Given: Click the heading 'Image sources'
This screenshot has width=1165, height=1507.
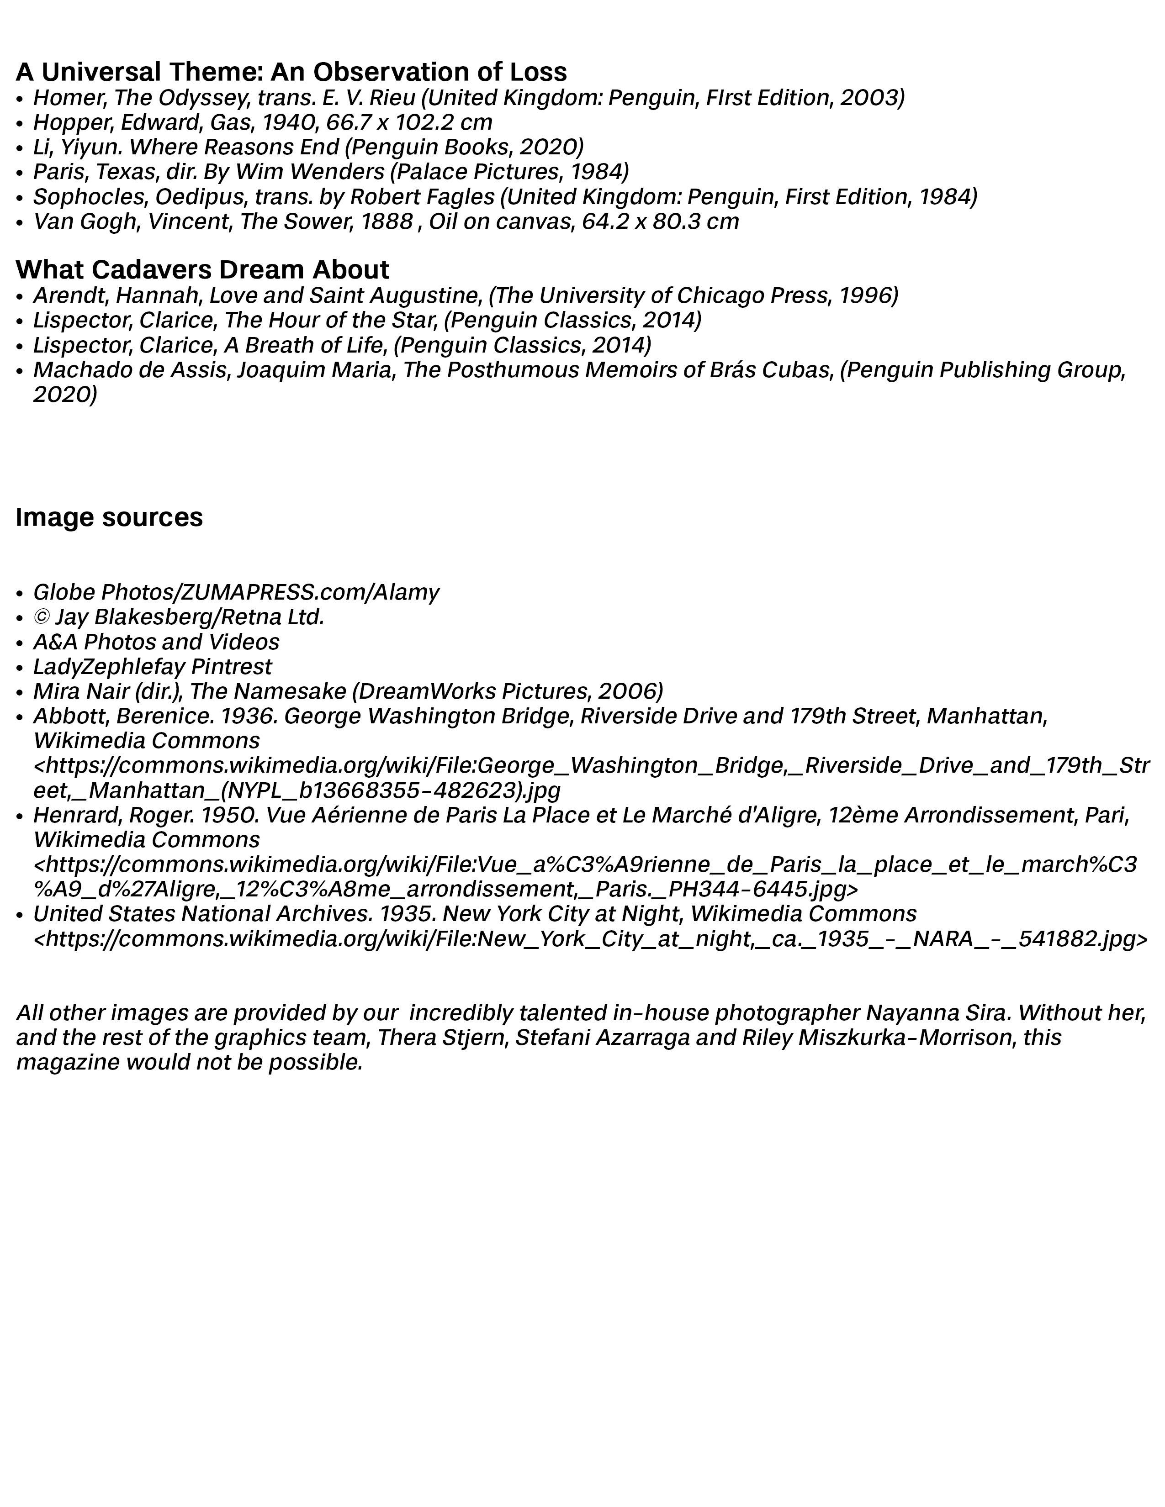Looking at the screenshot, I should [109, 517].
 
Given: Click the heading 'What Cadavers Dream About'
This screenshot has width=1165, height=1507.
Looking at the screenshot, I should [202, 269].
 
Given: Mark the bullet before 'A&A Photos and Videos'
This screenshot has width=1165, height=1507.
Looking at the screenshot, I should [20, 643].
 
